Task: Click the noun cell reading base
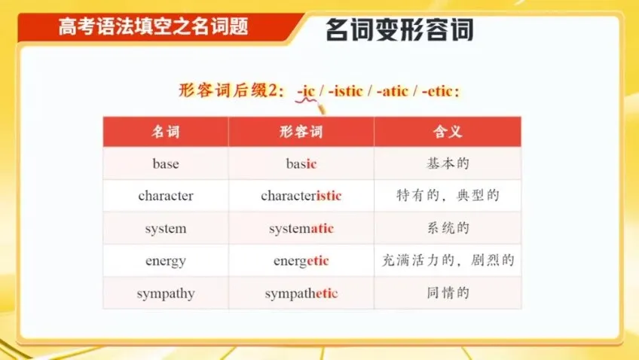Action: coord(165,163)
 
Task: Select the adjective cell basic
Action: coord(301,163)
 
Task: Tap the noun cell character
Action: coord(165,196)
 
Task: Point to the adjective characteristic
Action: coord(301,196)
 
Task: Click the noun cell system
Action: coord(165,228)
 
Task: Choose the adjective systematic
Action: coord(301,228)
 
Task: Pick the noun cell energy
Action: coord(165,261)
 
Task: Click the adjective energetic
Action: coord(301,261)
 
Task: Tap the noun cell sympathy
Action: coord(165,294)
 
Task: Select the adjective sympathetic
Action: coord(301,294)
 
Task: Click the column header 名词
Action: coord(165,132)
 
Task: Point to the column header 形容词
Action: coord(301,132)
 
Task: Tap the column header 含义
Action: coord(448,132)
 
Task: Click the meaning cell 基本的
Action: coord(448,163)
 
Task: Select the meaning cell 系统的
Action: coord(448,228)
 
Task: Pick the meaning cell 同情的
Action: coord(448,294)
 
